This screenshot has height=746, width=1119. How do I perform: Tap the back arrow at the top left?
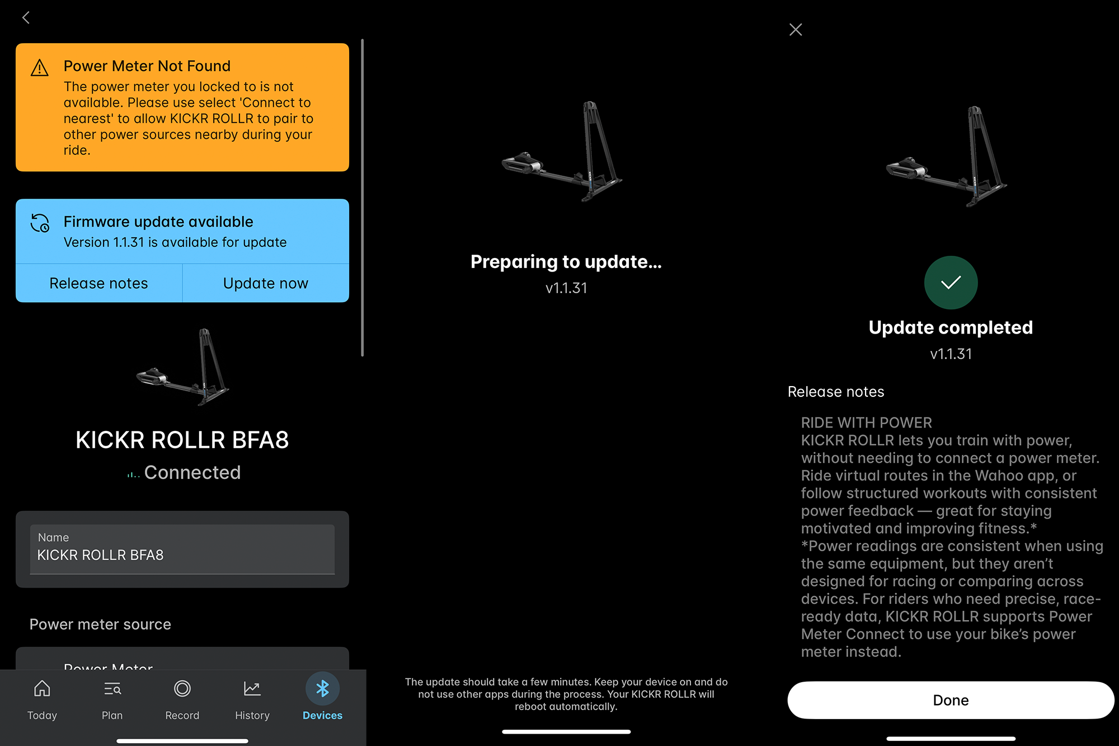[x=26, y=18]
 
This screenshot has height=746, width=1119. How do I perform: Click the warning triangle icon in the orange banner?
[x=40, y=68]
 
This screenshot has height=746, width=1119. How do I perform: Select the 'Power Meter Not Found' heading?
[x=147, y=66]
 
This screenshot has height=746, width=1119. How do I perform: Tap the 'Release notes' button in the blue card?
[x=98, y=283]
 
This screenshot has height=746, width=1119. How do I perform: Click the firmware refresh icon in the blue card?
[x=40, y=223]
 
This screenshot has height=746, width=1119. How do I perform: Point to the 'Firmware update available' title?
[x=158, y=222]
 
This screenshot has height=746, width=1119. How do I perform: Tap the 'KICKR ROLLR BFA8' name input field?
[x=182, y=550]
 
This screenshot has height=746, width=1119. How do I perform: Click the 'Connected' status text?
[x=192, y=472]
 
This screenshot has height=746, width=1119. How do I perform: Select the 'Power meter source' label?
[x=100, y=624]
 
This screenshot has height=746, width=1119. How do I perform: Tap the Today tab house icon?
[x=42, y=689]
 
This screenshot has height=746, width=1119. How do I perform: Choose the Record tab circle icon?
[x=182, y=689]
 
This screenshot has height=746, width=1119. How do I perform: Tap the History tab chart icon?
[x=252, y=689]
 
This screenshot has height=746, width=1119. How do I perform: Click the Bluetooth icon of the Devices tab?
[x=322, y=689]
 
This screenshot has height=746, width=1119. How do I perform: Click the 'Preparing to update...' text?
[x=566, y=262]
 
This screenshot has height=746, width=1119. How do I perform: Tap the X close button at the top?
[x=796, y=30]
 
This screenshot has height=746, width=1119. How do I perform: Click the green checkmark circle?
[x=951, y=283]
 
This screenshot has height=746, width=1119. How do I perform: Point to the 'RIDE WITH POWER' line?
[x=866, y=423]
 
